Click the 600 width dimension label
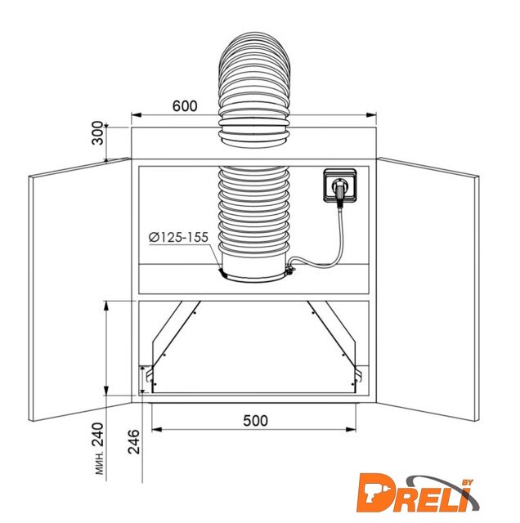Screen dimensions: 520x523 click(185, 105)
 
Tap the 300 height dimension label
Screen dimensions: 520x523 click(97, 132)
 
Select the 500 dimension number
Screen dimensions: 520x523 click(255, 421)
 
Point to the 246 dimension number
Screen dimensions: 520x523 click(134, 441)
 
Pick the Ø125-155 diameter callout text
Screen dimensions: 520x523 click(178, 237)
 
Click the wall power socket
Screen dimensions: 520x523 click(340, 186)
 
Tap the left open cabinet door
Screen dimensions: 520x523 click(79, 289)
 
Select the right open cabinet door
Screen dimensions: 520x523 click(428, 289)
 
